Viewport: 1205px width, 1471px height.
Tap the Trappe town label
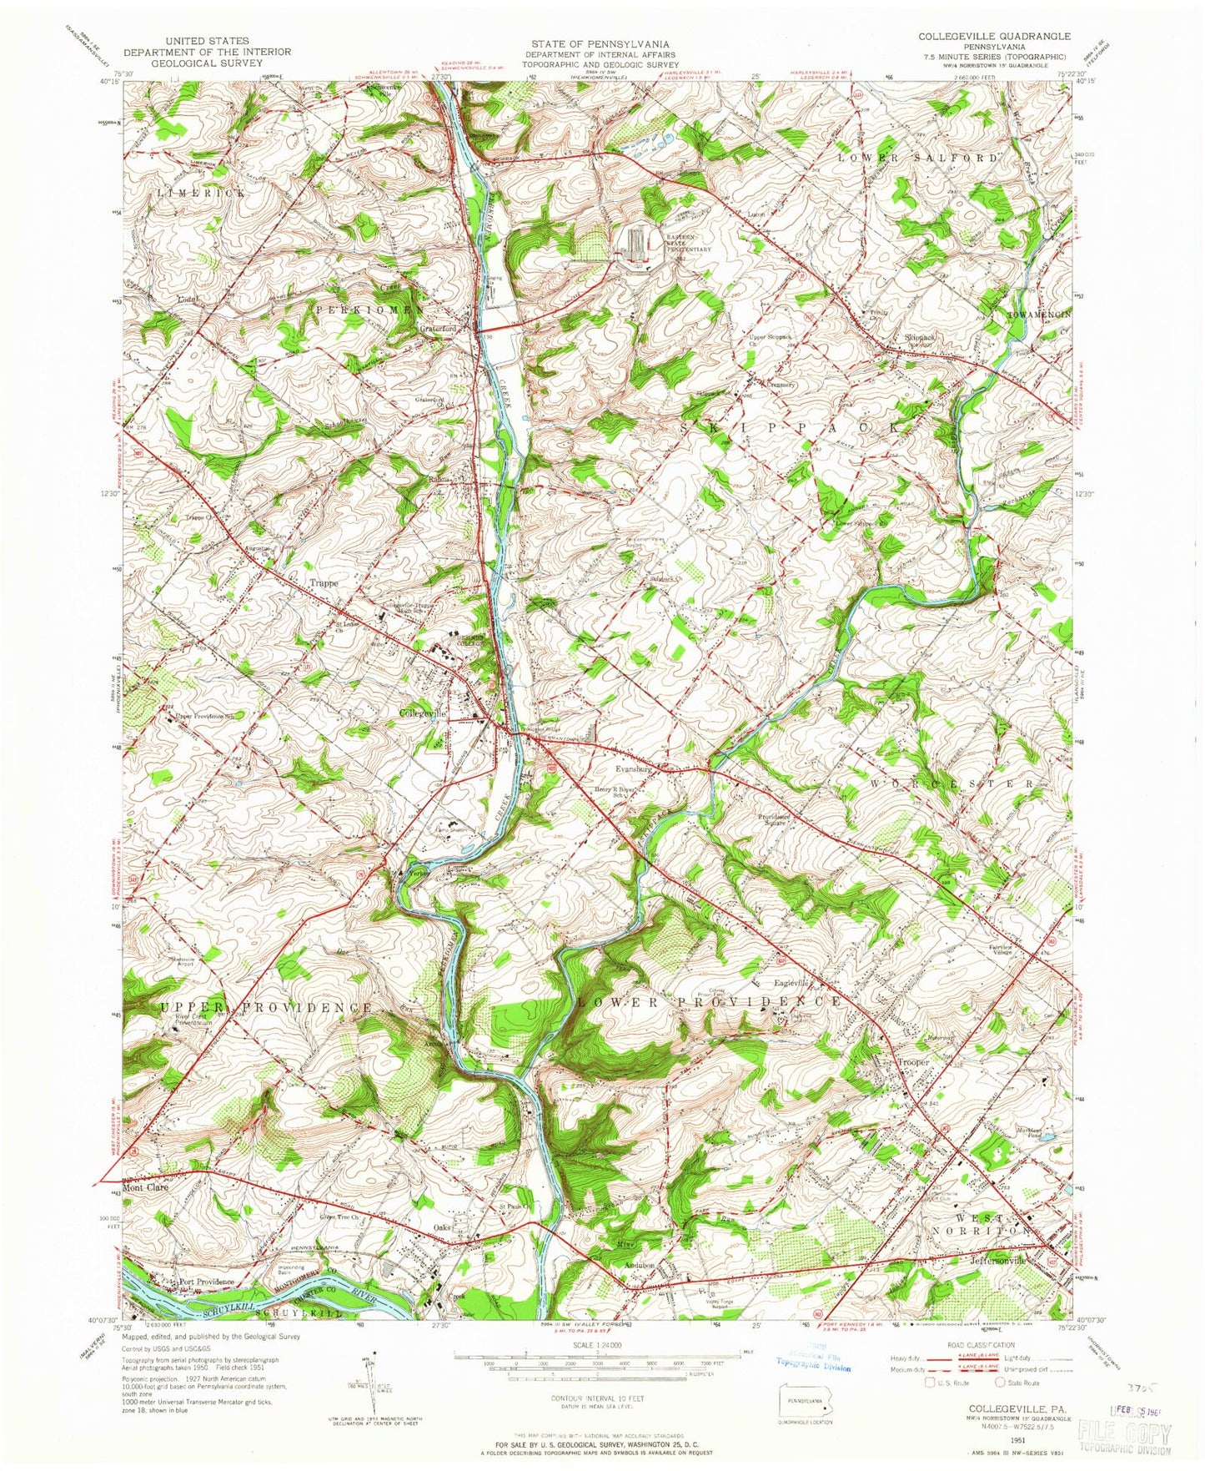pos(324,583)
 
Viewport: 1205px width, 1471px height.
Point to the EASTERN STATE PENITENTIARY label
pos(689,242)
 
